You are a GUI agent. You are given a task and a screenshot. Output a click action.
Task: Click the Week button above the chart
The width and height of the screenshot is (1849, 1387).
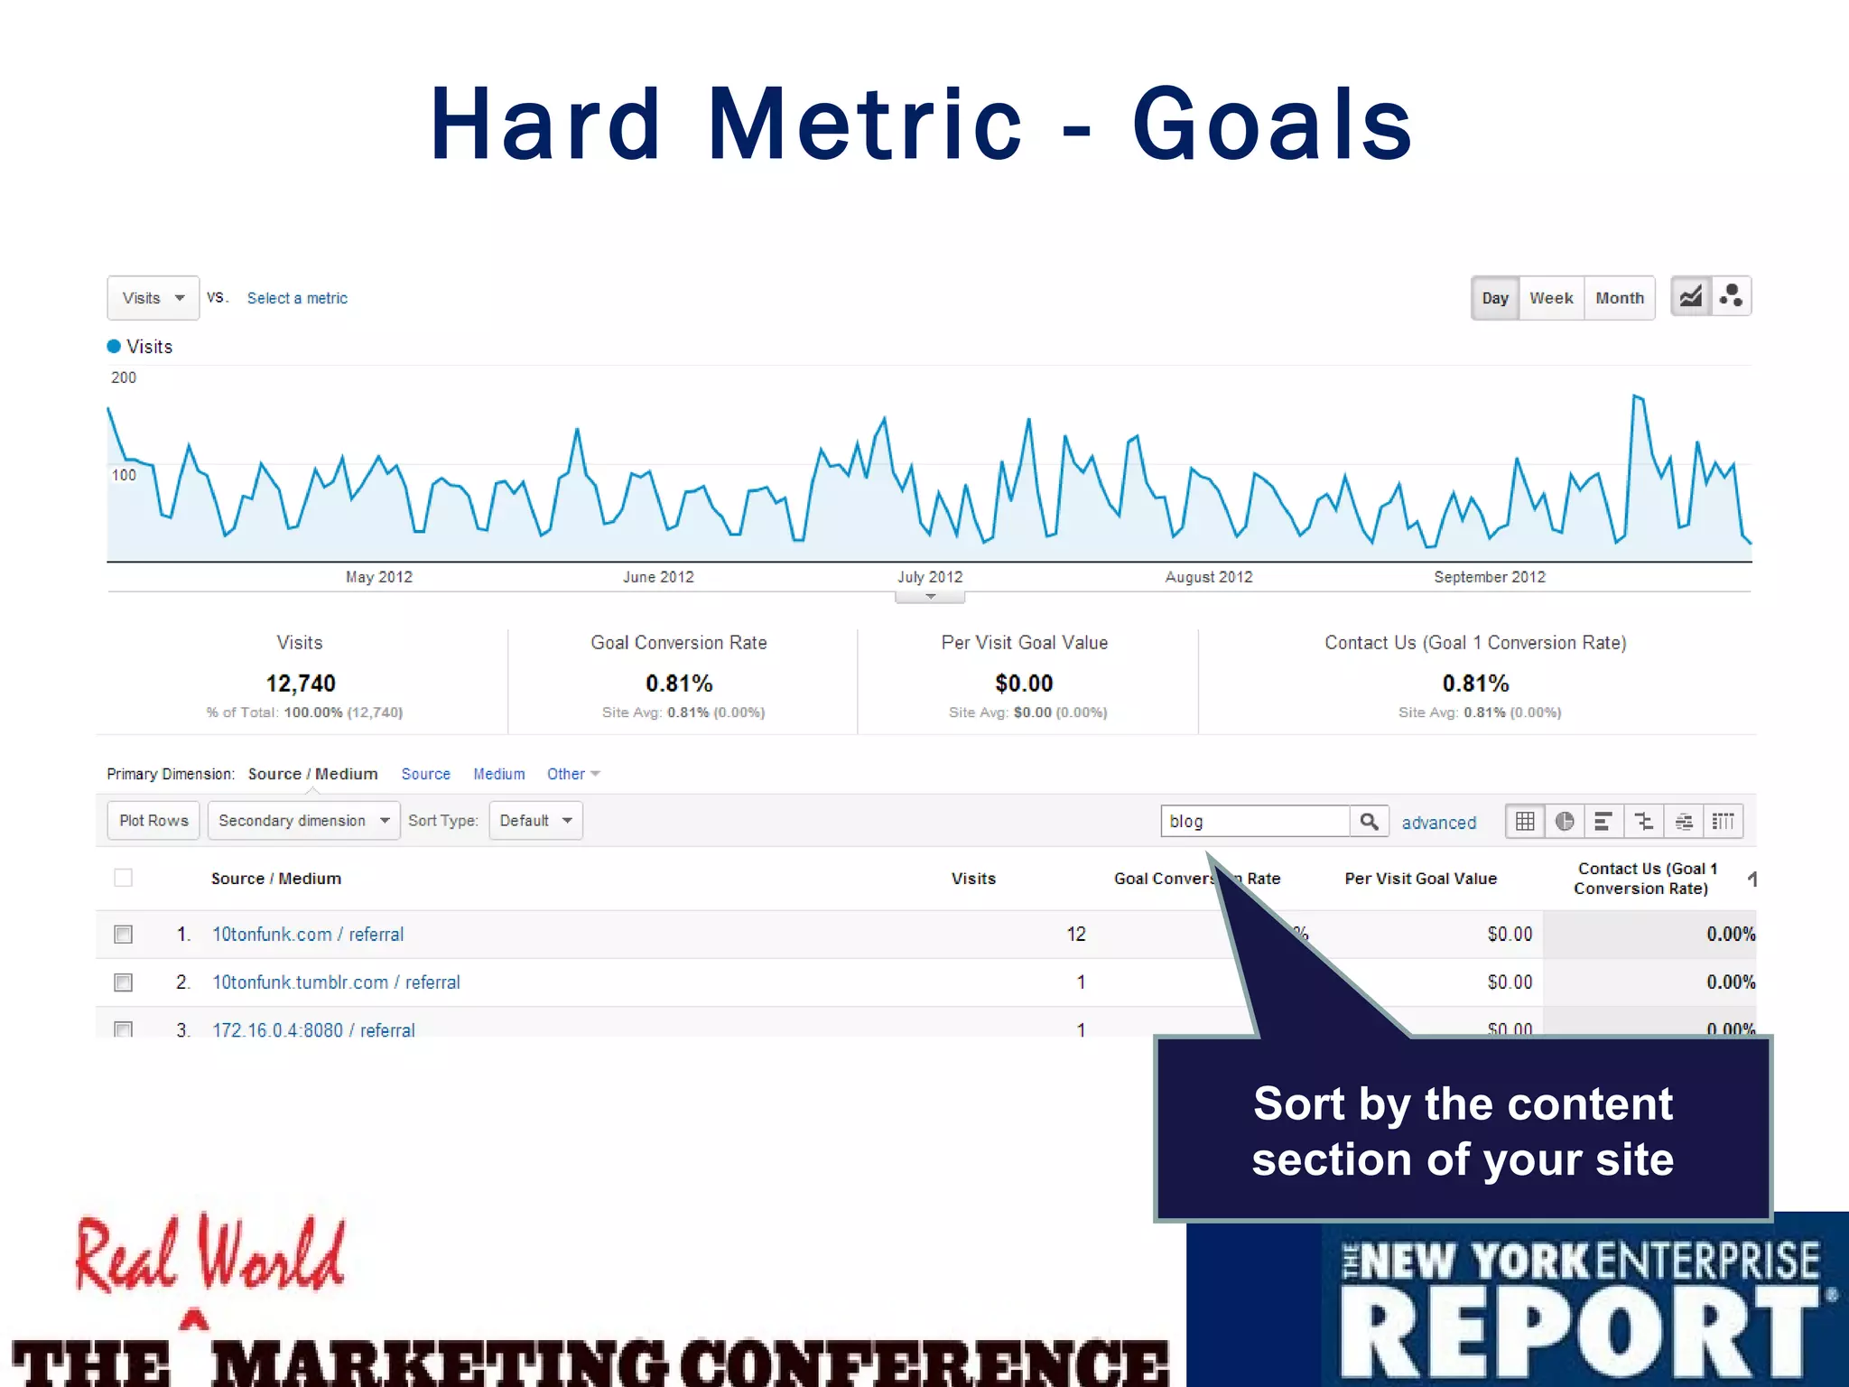[x=1551, y=298]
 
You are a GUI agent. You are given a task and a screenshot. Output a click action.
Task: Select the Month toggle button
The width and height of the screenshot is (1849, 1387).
[x=1619, y=298]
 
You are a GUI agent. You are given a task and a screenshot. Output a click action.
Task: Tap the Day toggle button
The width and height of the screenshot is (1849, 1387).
[x=1495, y=298]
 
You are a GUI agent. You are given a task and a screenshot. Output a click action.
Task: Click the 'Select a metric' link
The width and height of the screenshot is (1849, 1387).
[x=297, y=298]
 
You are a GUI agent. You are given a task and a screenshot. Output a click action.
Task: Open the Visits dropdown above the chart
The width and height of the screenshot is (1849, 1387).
[x=153, y=298]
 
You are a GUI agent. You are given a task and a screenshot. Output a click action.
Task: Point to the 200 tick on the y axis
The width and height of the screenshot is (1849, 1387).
[x=124, y=377]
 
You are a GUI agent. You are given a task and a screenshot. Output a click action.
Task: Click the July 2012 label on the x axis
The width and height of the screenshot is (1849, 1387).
[x=930, y=577]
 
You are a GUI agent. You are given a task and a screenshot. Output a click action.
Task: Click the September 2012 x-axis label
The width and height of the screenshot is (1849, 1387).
[x=1490, y=577]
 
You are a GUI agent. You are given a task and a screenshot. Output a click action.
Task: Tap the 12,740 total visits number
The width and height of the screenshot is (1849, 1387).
[x=301, y=684]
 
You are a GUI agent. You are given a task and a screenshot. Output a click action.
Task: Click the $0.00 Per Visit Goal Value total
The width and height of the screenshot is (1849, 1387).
[x=1024, y=684]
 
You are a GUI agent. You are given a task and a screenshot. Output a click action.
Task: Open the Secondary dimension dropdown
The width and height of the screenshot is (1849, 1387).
[x=303, y=821]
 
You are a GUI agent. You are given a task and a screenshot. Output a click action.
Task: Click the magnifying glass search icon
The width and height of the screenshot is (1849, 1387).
[x=1369, y=822]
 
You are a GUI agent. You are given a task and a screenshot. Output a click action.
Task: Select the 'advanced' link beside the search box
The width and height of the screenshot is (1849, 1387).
[x=1438, y=823]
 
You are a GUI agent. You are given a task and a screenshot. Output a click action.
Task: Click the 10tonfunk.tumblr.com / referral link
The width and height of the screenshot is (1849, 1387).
[x=336, y=982]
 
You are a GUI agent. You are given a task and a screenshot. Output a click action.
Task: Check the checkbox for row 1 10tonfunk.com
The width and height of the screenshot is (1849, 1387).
[x=124, y=935]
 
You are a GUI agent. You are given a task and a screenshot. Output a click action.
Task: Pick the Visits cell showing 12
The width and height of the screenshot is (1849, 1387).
[x=1075, y=935]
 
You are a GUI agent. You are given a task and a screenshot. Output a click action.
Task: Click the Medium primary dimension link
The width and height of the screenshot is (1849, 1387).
[x=498, y=774]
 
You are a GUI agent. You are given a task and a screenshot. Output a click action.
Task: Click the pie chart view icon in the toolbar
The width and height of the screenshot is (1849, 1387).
[x=1565, y=822]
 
